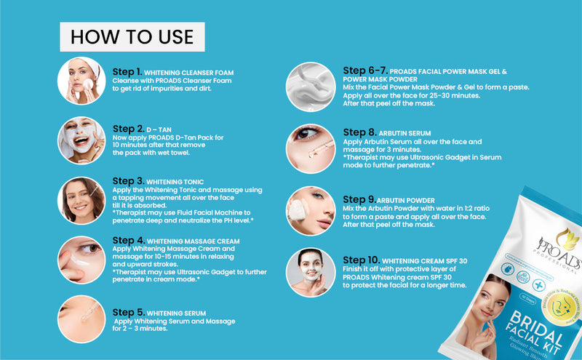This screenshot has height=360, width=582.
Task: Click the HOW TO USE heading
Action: point(132,36)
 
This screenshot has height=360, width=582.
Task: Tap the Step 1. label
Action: point(127,72)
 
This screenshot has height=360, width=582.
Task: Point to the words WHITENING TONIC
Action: point(175,182)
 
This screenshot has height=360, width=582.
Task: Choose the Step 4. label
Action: point(128,240)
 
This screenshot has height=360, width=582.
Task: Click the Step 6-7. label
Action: point(364,71)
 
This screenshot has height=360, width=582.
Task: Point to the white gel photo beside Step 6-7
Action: point(311,86)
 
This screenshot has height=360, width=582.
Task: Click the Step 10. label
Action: point(360,260)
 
